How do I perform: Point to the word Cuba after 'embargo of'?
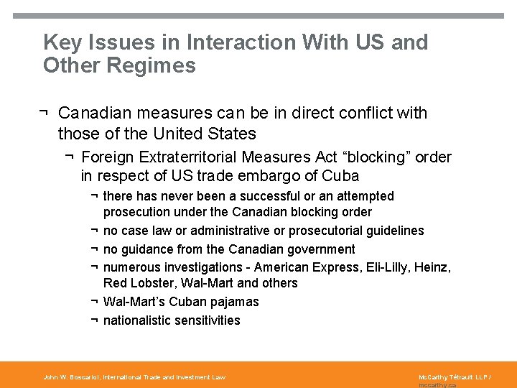[340, 175]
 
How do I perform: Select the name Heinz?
[434, 268]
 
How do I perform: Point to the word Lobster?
[154, 283]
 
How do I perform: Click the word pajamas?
[233, 302]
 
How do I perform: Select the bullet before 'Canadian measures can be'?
[45, 113]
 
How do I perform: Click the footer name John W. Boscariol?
[71, 377]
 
